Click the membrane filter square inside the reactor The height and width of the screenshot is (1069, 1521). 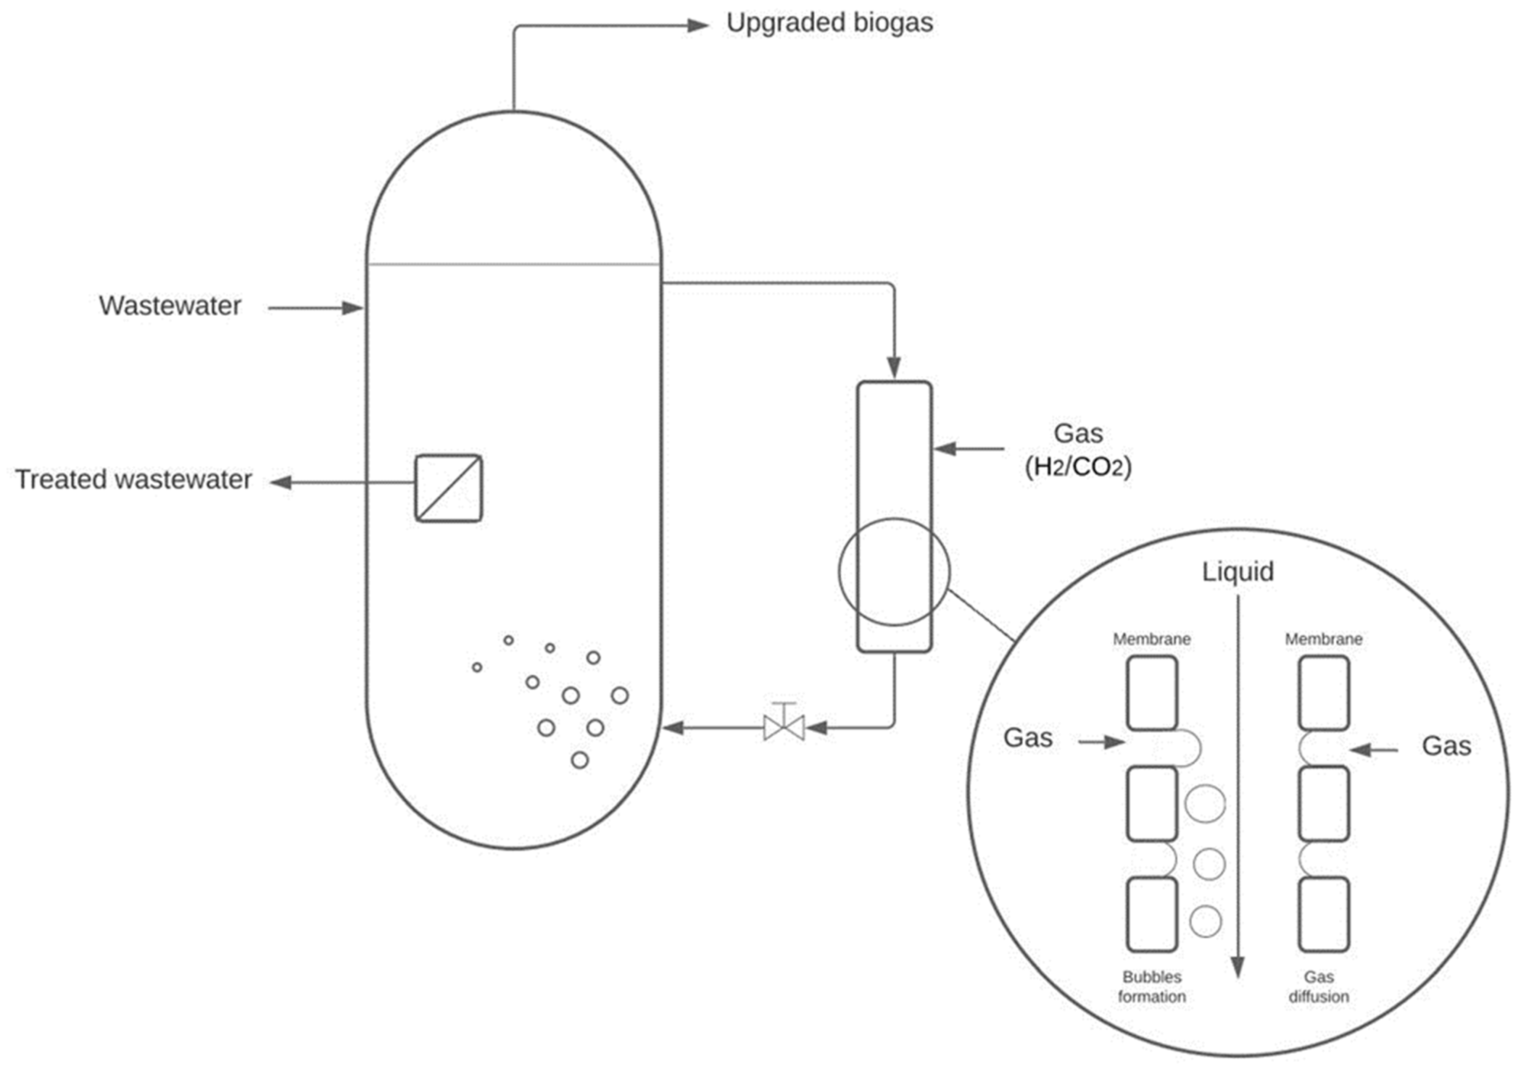pos(448,488)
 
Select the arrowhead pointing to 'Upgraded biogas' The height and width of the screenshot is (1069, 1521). pos(698,26)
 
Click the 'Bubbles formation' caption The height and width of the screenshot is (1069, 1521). pos(1152,986)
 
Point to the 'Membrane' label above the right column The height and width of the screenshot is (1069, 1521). pos(1324,639)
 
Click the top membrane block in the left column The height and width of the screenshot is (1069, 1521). pos(1152,693)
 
